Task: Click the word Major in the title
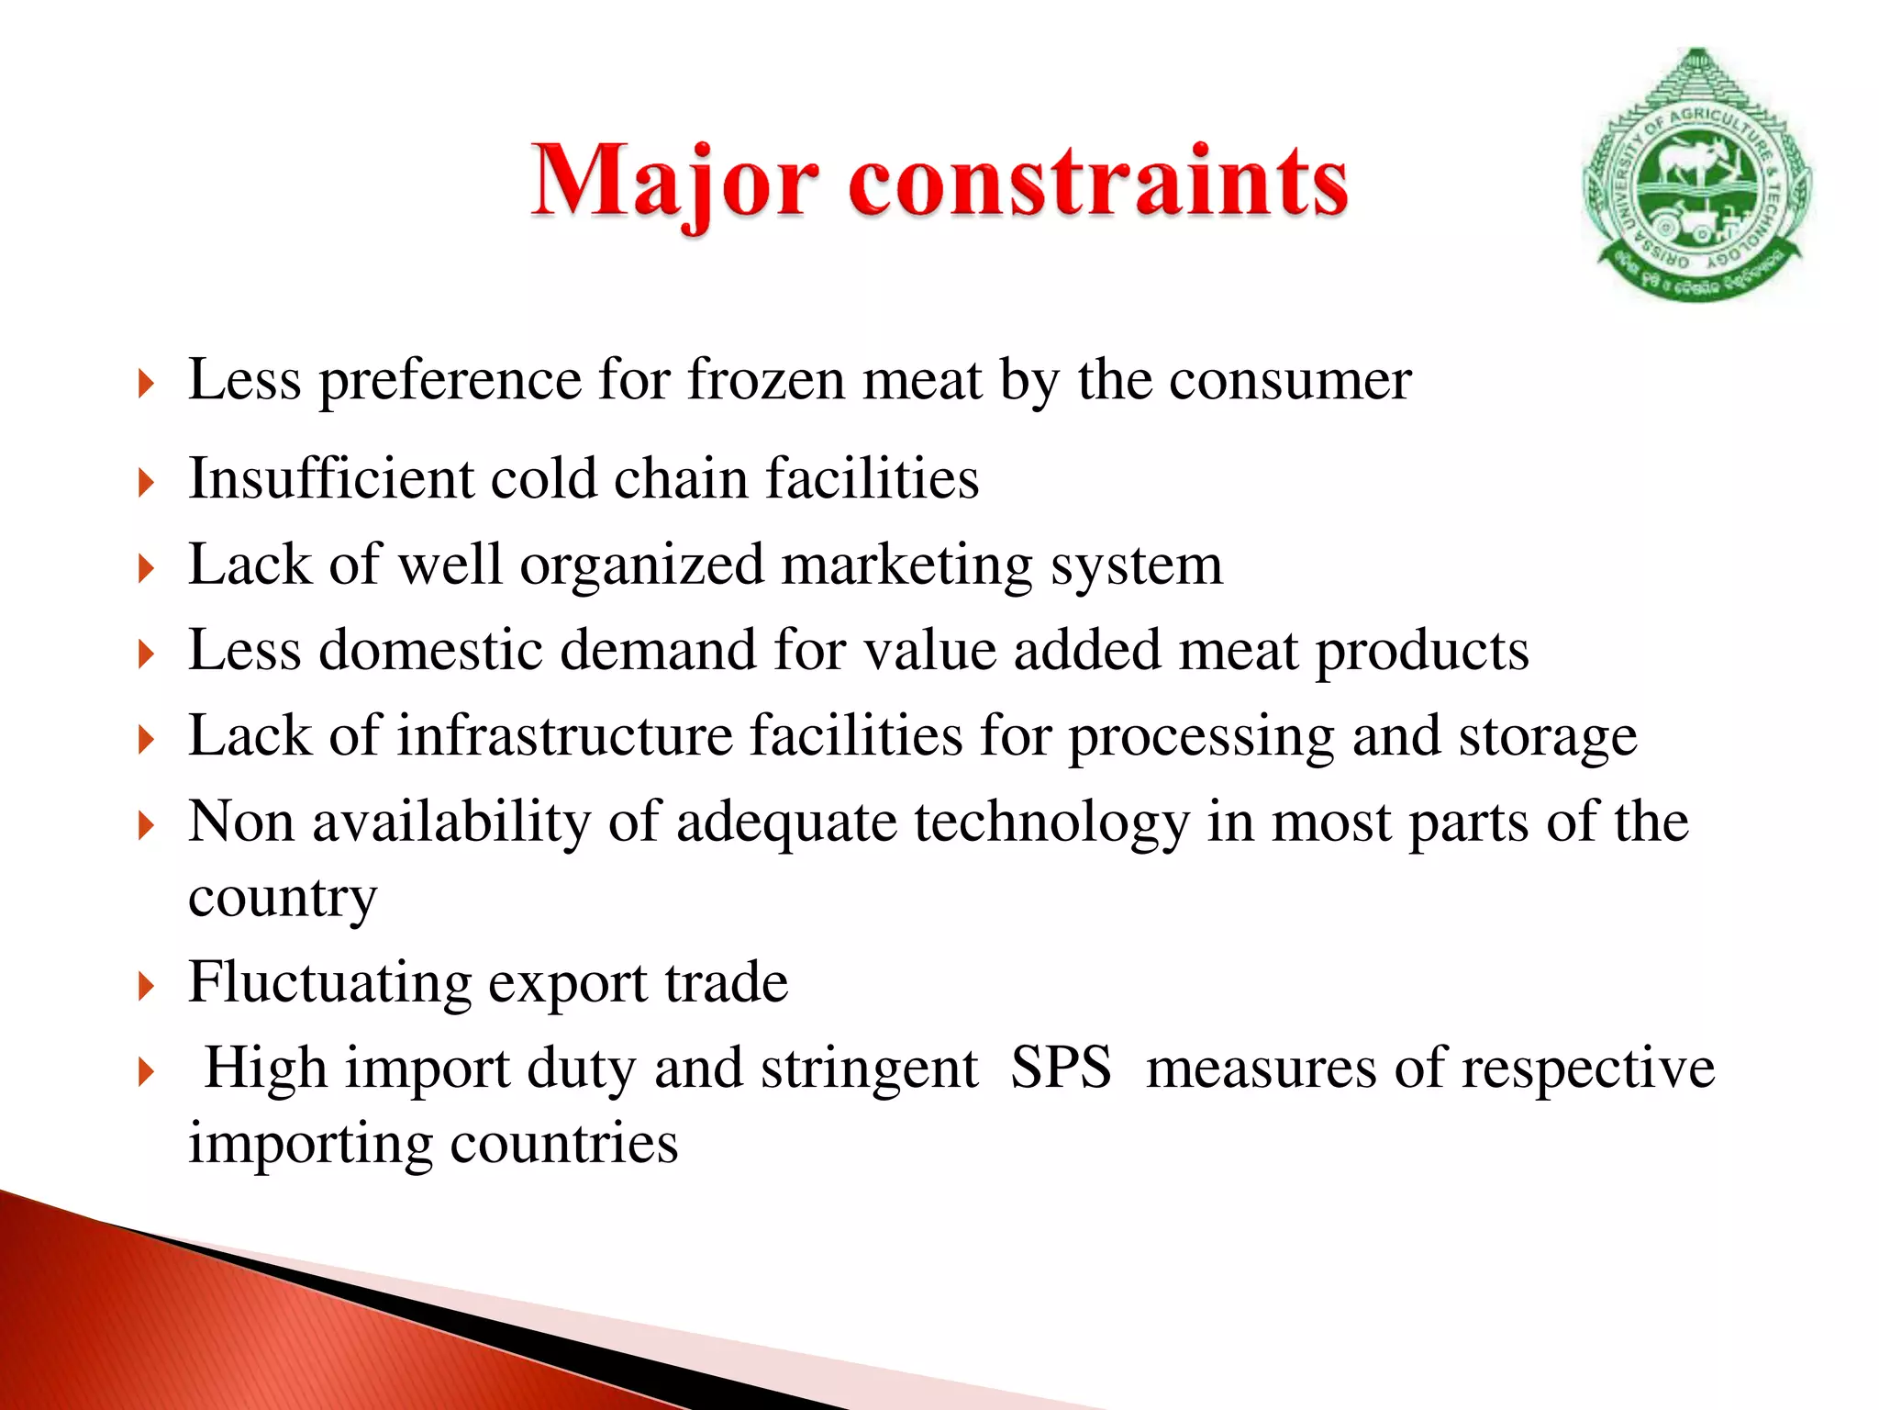point(674,182)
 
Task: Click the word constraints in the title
point(1098,182)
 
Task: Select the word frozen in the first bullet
point(766,379)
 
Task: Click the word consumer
point(1289,381)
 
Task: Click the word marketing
point(906,565)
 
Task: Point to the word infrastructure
point(564,735)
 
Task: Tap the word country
point(283,897)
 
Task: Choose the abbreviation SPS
point(1061,1069)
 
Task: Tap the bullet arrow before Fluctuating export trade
point(145,988)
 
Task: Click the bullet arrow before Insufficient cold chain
point(145,483)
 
